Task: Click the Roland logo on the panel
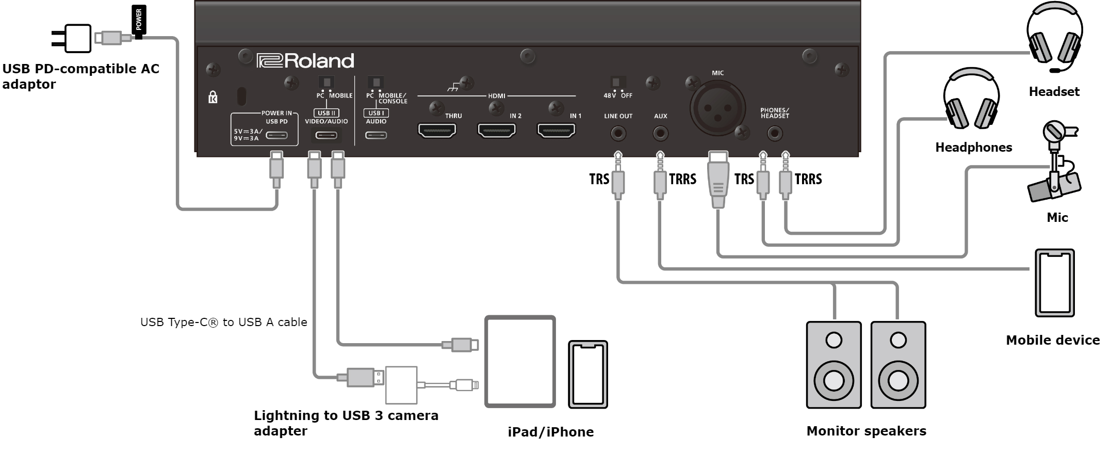(305, 61)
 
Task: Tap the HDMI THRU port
(437, 131)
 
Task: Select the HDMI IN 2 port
(497, 131)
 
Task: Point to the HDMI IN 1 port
(557, 131)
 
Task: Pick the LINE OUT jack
(618, 134)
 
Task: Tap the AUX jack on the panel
(660, 134)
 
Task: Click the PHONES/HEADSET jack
(774, 134)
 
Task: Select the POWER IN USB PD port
(277, 136)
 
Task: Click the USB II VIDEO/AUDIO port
(326, 136)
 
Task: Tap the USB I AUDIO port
(376, 136)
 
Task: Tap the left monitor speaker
(834, 365)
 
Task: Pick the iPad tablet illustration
(520, 362)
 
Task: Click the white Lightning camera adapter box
(401, 385)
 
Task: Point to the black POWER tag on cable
(139, 20)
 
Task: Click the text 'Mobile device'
(1053, 340)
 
